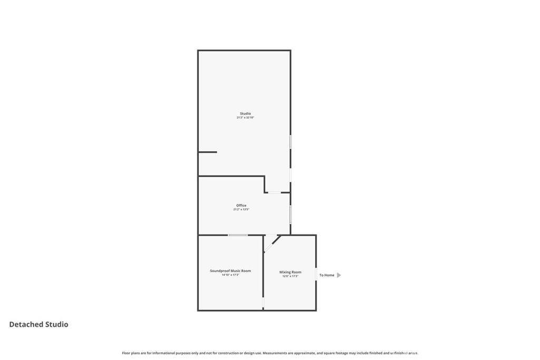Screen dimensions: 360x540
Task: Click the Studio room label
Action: coord(245,113)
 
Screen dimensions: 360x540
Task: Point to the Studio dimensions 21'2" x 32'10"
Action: coord(245,118)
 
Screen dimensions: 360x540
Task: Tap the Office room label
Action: coord(241,205)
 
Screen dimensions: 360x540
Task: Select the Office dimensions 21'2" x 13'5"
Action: coord(241,209)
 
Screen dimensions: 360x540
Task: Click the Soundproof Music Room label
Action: coord(230,270)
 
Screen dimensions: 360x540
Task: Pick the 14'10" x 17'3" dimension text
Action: coord(230,275)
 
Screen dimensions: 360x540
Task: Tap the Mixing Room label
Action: coord(290,272)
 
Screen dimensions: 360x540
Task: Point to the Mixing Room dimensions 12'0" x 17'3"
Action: coord(290,276)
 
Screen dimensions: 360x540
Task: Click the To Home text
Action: coord(326,275)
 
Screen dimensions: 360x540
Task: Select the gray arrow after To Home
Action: coord(339,275)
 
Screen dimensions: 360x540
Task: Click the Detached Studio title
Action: coord(38,325)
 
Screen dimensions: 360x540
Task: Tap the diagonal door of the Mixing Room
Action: coord(273,243)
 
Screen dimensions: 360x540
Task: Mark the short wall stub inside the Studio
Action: coord(207,152)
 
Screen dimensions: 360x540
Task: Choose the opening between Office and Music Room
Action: coord(238,235)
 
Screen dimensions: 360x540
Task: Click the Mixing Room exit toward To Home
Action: coord(316,275)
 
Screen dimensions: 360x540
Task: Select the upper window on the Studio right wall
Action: coord(290,142)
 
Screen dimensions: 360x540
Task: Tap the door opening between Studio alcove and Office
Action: coord(274,192)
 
